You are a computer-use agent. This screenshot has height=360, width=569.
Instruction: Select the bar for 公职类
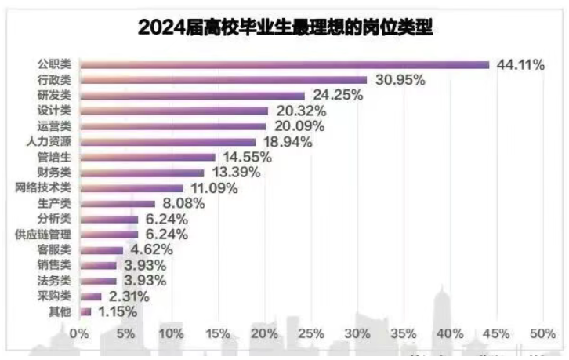(x=284, y=64)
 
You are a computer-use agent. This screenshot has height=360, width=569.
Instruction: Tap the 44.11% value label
(x=520, y=65)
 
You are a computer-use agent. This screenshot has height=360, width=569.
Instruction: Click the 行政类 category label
(x=56, y=80)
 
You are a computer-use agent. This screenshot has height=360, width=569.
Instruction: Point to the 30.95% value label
(x=398, y=80)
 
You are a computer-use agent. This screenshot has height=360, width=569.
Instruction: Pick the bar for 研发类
(x=192, y=96)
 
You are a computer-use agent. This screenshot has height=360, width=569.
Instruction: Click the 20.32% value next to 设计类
(x=299, y=111)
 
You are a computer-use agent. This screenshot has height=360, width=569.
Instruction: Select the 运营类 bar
(x=173, y=126)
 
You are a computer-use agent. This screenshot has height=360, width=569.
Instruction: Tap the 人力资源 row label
(x=49, y=142)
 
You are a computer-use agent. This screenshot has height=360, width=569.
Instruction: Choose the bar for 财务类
(x=142, y=173)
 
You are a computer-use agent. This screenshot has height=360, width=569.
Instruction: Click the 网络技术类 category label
(x=44, y=188)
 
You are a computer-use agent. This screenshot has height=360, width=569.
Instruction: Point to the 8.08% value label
(x=184, y=203)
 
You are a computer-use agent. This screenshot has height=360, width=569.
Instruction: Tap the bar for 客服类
(x=101, y=250)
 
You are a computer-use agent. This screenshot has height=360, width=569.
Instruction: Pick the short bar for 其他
(x=85, y=311)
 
